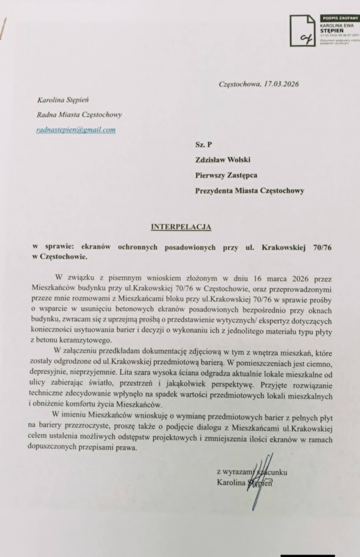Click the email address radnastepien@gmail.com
click(76, 130)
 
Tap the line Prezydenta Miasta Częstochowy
click(250, 190)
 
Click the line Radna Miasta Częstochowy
click(79, 115)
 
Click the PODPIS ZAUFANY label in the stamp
click(340, 18)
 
